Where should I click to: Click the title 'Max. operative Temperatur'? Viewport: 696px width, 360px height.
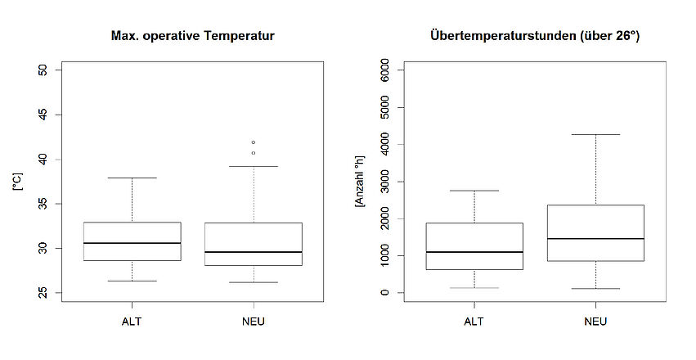(192, 36)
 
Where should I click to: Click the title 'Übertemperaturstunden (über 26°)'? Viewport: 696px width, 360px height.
(534, 36)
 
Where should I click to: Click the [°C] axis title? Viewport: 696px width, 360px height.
(17, 182)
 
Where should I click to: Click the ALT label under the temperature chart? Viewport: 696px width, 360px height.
(132, 322)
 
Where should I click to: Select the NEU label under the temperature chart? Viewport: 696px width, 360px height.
(254, 322)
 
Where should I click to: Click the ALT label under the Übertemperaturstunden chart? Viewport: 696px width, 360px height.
(474, 322)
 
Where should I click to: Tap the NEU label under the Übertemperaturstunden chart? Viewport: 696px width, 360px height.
(595, 322)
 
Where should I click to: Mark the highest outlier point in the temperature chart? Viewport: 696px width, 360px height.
(254, 142)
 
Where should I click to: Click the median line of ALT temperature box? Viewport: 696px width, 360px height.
(132, 243)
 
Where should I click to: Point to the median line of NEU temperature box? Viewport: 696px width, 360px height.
(254, 252)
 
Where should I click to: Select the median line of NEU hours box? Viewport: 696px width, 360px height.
(595, 239)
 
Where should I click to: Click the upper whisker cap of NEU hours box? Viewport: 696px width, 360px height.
(595, 134)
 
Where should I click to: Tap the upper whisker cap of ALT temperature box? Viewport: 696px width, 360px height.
(132, 178)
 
